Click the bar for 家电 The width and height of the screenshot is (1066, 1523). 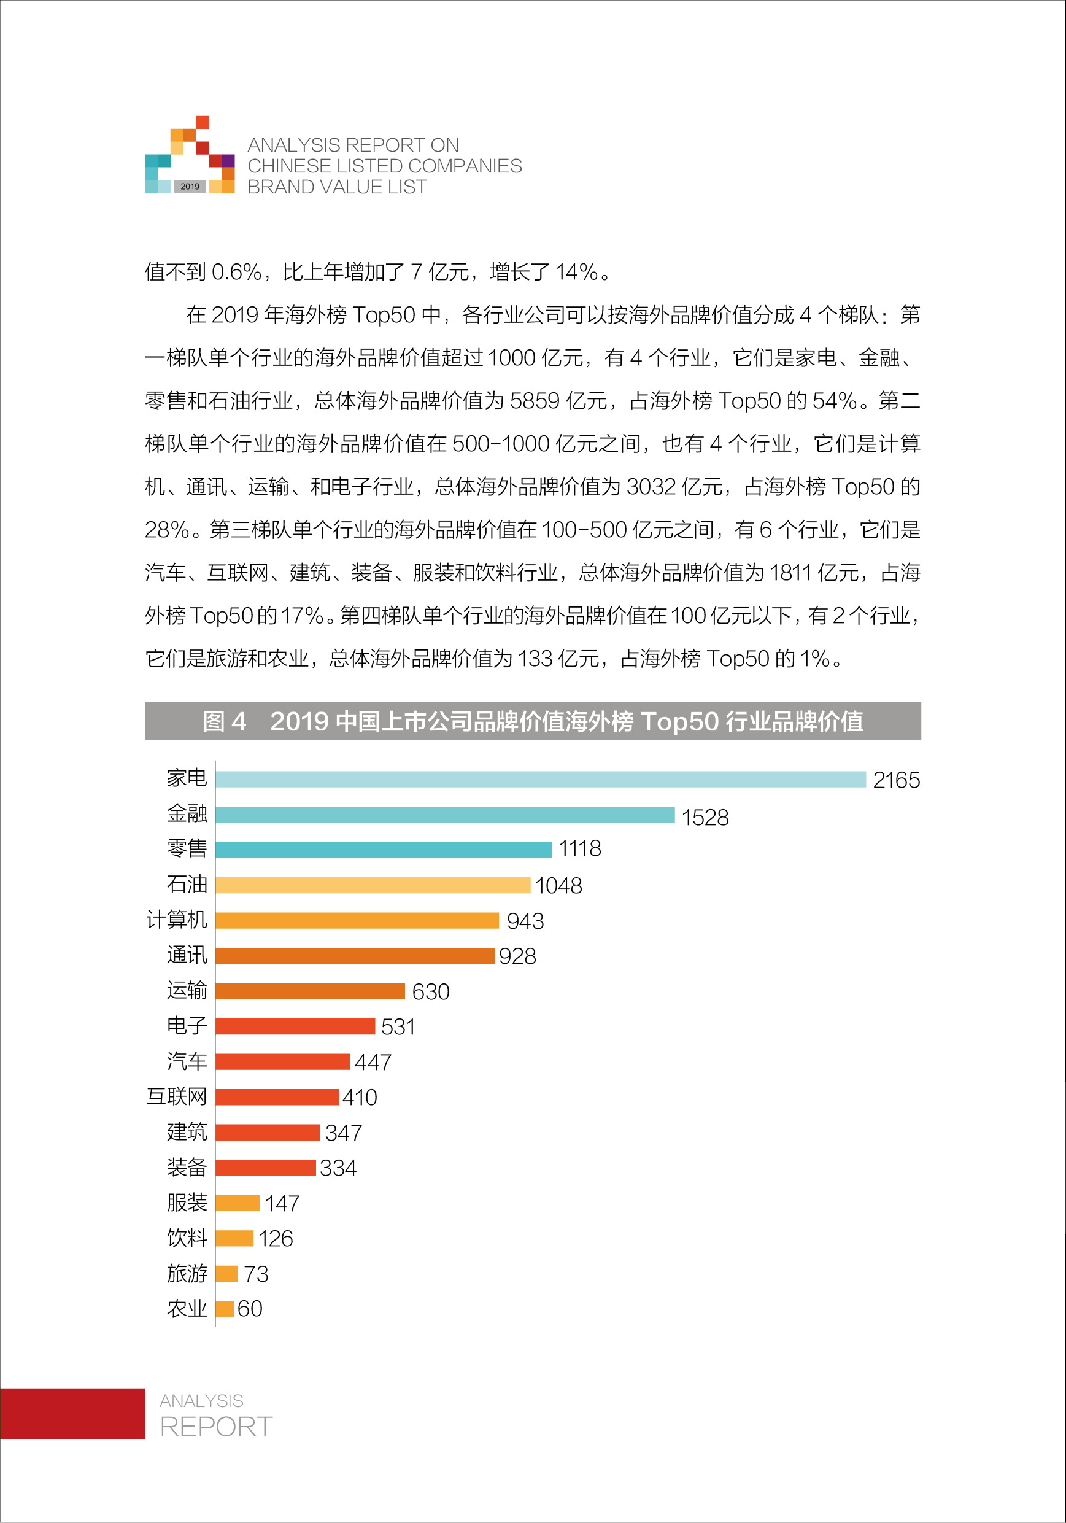[540, 780]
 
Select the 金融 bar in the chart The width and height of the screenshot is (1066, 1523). [444, 815]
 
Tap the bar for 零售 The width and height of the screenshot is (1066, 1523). [383, 850]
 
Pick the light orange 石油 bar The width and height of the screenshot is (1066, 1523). [372, 885]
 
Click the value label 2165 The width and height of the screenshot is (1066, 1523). [895, 780]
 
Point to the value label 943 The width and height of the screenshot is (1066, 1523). [525, 921]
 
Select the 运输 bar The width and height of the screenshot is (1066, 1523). [310, 991]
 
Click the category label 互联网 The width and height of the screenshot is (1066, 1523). [177, 1096]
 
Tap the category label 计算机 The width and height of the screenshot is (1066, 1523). [177, 920]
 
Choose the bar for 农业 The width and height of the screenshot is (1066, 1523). [224, 1309]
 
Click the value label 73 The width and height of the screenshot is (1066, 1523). [255, 1274]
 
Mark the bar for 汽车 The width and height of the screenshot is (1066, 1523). [282, 1061]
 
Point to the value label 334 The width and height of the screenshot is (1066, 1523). [338, 1168]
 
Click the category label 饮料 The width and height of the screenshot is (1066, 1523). [187, 1238]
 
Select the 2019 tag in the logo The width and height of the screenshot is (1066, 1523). [190, 187]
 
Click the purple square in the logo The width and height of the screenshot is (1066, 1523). [228, 160]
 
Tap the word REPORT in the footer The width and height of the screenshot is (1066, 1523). [216, 1426]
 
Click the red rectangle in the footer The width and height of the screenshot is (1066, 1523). [72, 1414]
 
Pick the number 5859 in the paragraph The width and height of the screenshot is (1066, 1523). [535, 401]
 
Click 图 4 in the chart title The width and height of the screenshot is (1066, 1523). [224, 721]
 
